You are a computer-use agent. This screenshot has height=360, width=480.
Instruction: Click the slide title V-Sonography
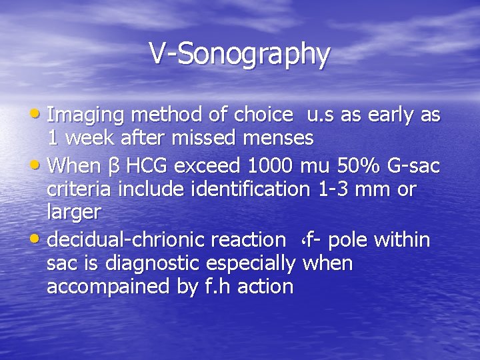(x=239, y=54)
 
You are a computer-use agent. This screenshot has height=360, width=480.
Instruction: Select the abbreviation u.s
(x=321, y=115)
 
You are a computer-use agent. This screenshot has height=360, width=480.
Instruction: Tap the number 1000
(x=269, y=165)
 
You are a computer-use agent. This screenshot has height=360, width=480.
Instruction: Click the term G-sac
(x=412, y=165)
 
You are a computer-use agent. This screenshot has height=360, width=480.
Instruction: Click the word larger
(x=74, y=212)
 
